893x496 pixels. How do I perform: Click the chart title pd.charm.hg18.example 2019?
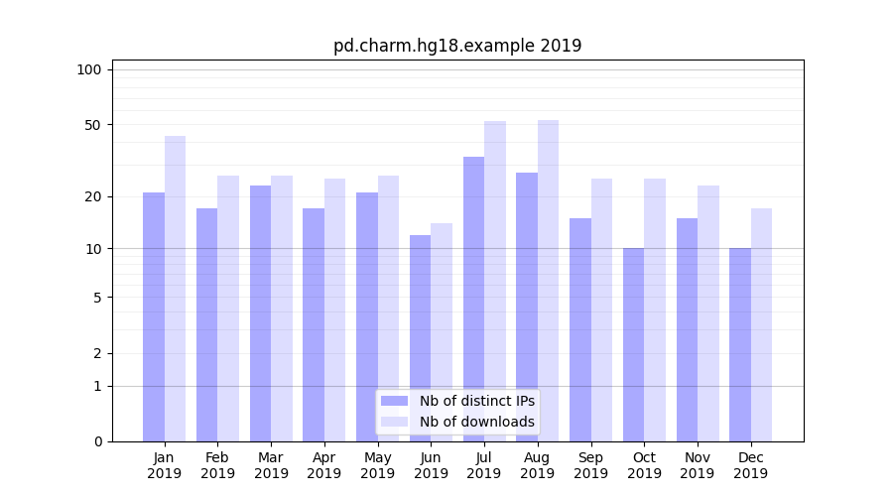point(457,46)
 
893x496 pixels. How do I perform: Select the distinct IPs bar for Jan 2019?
point(154,317)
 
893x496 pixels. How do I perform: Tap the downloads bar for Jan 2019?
point(175,288)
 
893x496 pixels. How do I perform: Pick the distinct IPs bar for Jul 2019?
point(473,298)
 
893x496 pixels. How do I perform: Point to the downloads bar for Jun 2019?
point(442,332)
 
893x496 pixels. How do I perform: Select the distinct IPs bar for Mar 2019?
point(260,313)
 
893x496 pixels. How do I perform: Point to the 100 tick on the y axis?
point(89,69)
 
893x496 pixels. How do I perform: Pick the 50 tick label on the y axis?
point(92,125)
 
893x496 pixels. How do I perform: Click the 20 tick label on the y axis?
point(92,196)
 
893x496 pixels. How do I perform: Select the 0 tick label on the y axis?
point(97,441)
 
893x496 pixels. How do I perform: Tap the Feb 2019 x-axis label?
point(217,465)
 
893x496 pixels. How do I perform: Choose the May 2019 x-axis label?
point(378,465)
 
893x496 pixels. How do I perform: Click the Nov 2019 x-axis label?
point(698,465)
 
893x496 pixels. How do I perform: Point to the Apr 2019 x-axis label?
point(324,465)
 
